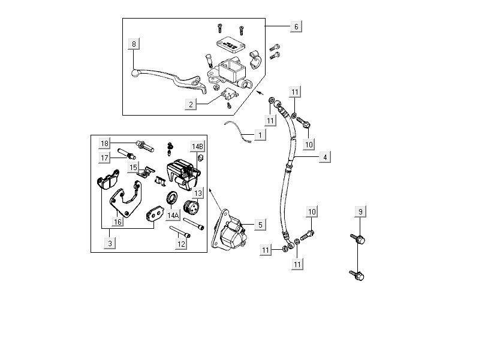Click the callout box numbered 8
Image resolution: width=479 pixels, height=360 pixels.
134,44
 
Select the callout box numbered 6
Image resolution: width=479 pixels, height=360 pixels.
296,26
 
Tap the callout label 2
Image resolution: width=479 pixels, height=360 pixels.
191,104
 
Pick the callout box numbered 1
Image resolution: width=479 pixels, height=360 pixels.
259,135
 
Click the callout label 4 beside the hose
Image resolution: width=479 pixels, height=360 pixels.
324,158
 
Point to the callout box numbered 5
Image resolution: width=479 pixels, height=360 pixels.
259,225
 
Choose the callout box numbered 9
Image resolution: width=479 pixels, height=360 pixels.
360,212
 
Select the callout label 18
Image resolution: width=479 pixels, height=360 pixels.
104,144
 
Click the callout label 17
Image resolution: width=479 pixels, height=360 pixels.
104,158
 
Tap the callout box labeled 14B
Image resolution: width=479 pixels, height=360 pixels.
198,146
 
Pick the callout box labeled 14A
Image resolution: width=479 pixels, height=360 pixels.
173,215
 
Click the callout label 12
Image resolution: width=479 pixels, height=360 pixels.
180,244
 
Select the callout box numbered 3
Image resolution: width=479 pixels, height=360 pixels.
110,243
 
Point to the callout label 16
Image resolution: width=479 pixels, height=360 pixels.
118,222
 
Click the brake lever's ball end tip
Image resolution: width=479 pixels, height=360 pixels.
134,73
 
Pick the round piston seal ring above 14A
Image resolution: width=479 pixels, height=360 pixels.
172,197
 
